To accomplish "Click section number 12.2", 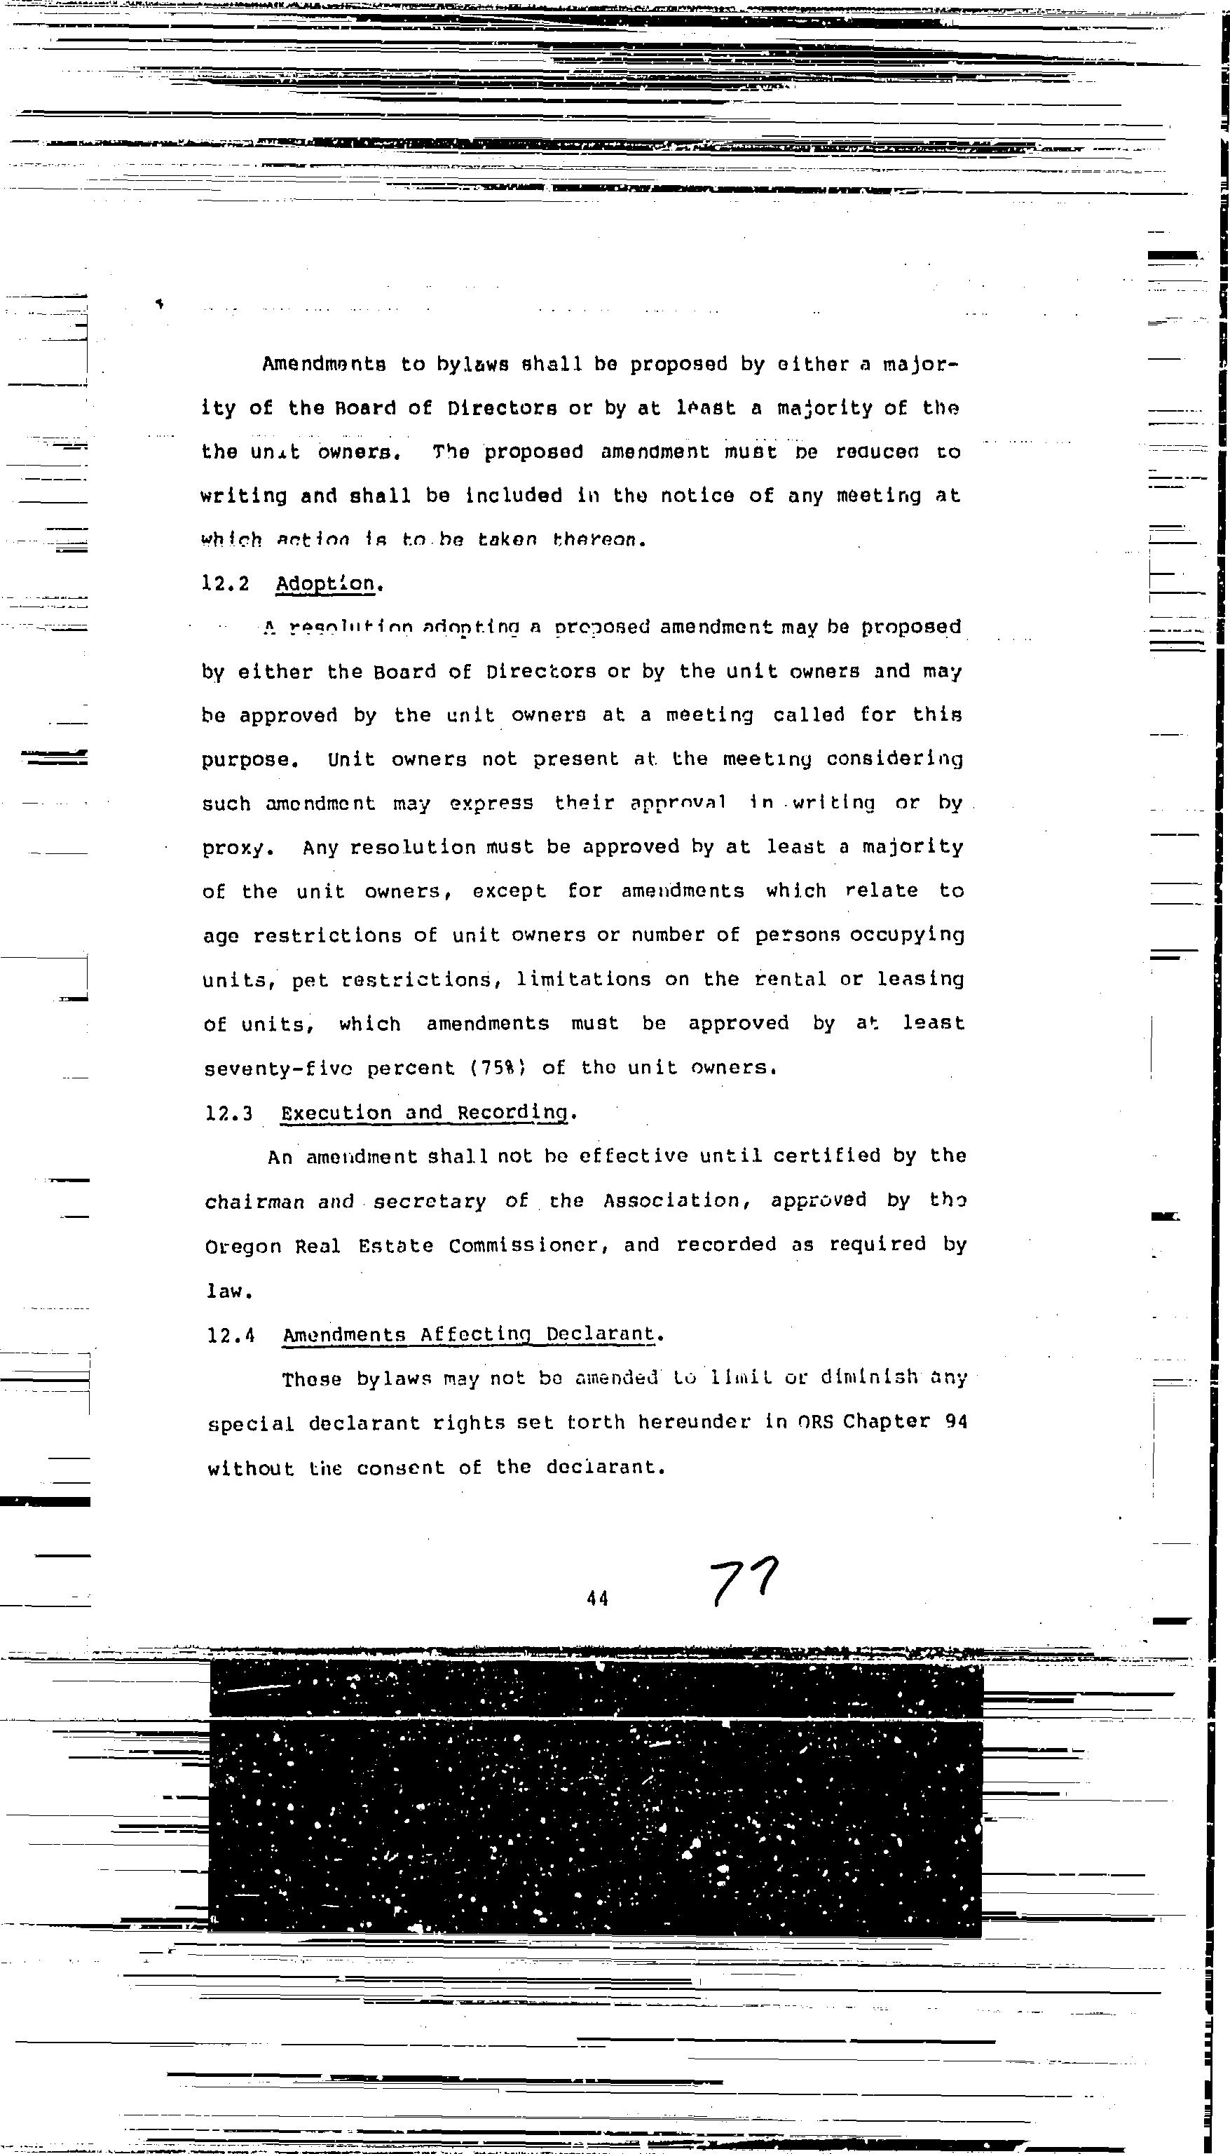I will point(225,584).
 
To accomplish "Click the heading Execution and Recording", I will point(425,1113).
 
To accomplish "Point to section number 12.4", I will point(231,1335).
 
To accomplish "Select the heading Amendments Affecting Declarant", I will point(470,1334).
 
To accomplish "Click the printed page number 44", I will point(597,1598).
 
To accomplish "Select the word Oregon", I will point(242,1247).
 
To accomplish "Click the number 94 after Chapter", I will point(955,1421).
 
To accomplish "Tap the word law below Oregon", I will point(228,1292).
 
